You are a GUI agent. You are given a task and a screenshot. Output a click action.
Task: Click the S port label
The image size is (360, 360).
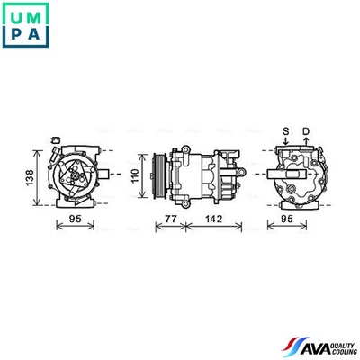click(286, 131)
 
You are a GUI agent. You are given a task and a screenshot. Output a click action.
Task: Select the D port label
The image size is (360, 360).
click(305, 131)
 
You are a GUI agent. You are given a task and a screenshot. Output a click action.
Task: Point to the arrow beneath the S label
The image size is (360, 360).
click(286, 143)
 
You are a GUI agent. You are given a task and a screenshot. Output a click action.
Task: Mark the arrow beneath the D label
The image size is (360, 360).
click(305, 143)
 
